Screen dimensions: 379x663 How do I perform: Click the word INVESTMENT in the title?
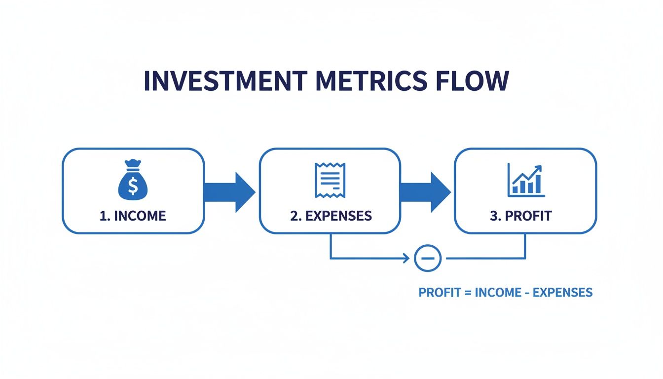click(x=224, y=81)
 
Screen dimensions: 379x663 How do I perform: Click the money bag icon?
click(x=133, y=182)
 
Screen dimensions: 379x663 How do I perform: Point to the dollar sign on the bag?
click(x=133, y=186)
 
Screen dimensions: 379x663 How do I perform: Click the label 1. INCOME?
click(x=133, y=216)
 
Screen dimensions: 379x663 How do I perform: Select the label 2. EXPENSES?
click(x=331, y=216)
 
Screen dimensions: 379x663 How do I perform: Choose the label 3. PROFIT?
click(x=521, y=216)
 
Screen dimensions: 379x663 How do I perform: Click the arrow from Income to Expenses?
click(x=230, y=191)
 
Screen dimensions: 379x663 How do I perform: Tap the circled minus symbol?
click(x=427, y=258)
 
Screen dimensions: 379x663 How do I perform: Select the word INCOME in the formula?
click(x=498, y=292)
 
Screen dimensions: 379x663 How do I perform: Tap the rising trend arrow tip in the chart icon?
click(x=539, y=167)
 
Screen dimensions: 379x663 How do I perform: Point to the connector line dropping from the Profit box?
click(x=525, y=246)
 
